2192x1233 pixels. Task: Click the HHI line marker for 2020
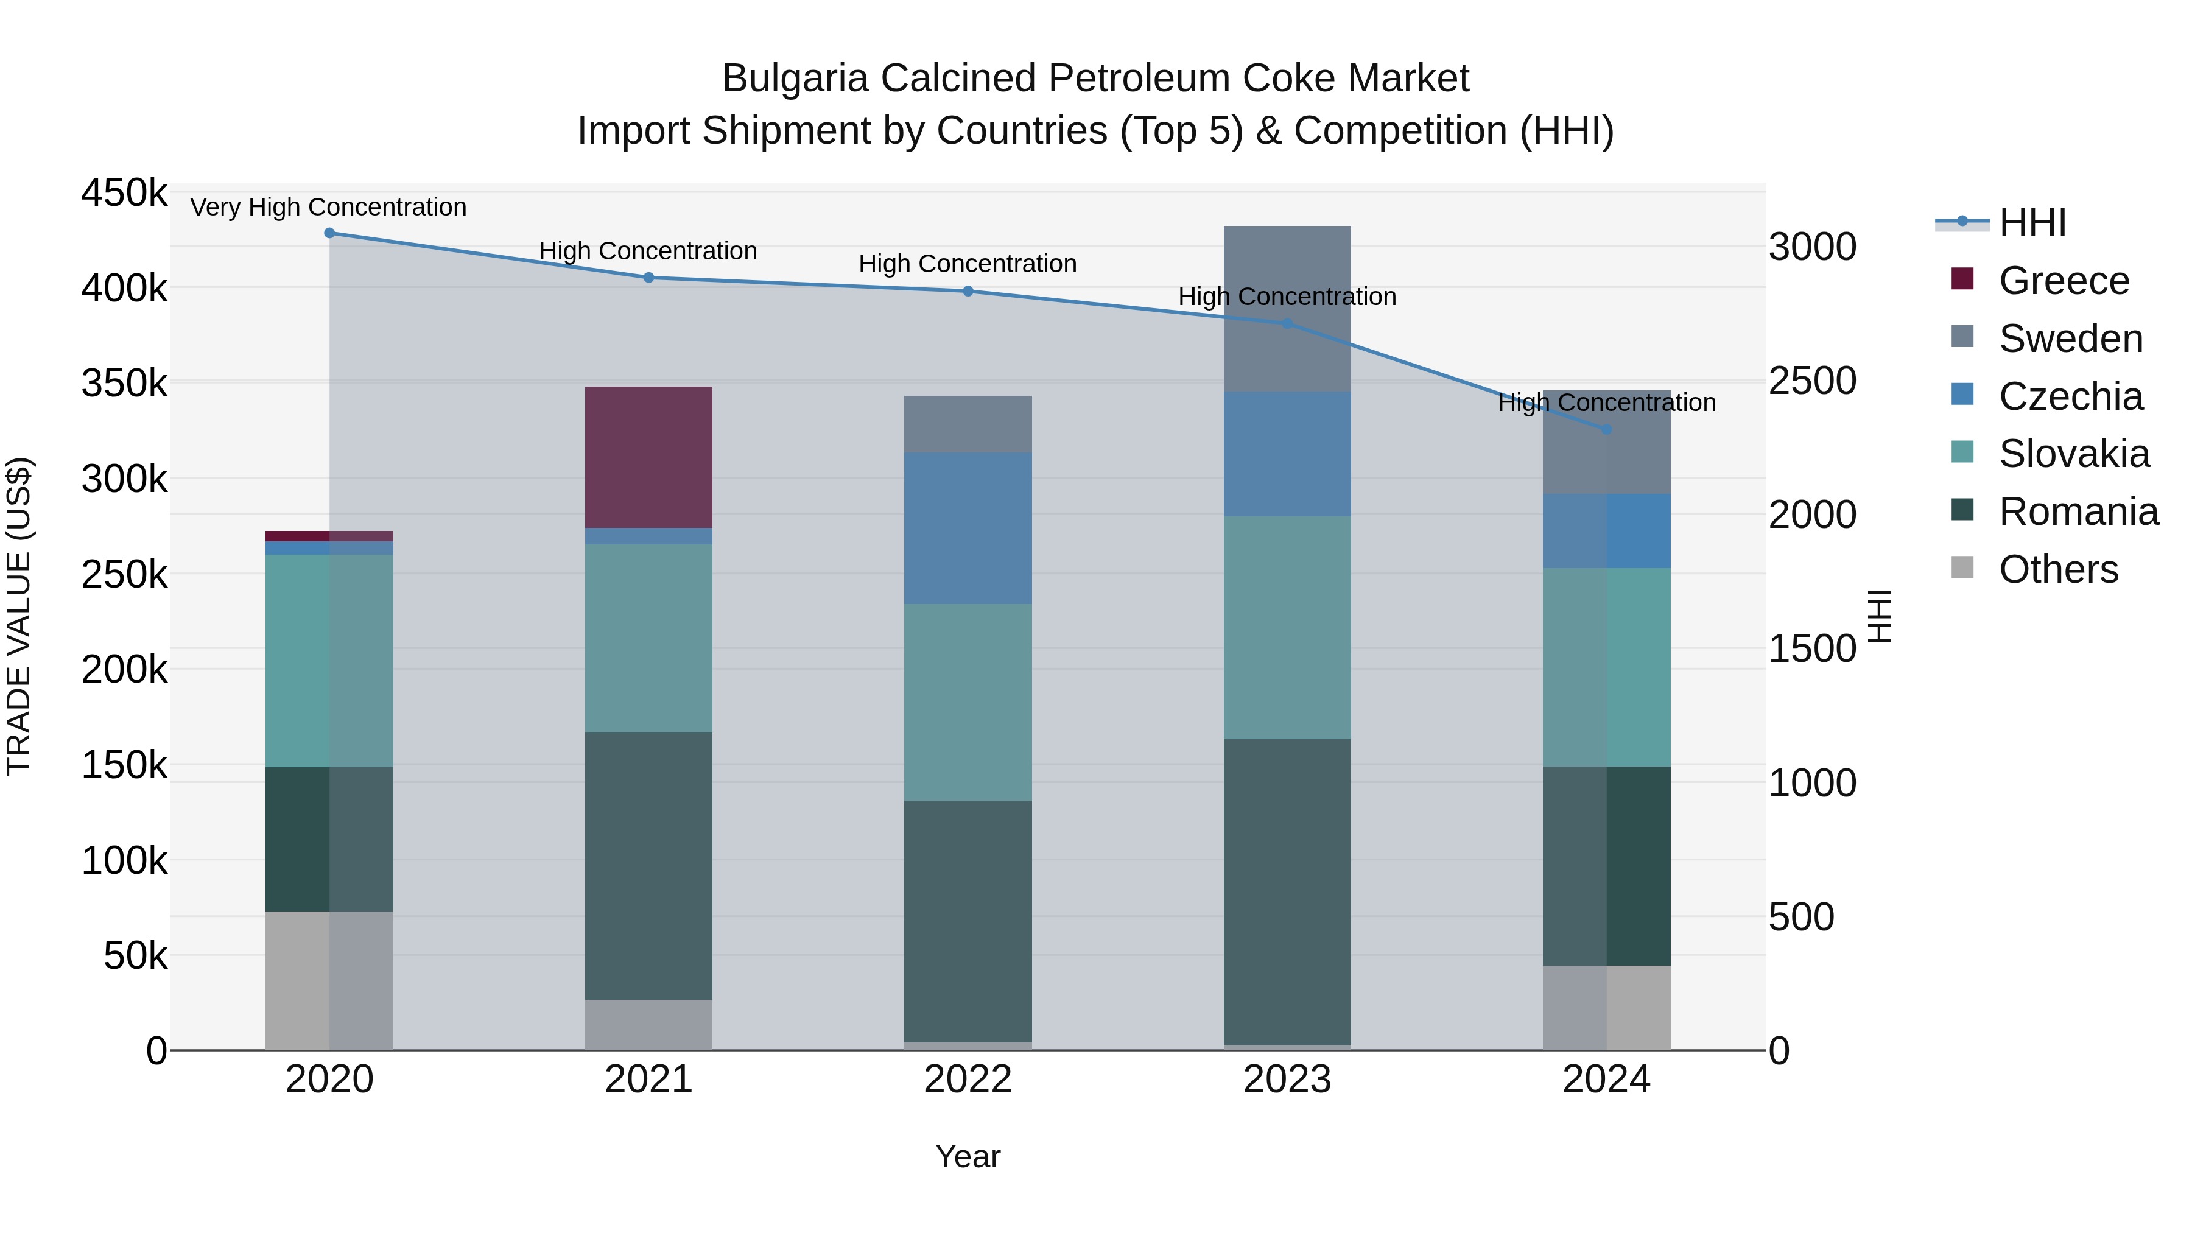pyautogui.click(x=329, y=233)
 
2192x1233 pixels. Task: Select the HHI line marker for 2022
pyautogui.click(x=968, y=291)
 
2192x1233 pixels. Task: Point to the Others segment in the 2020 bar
pyautogui.click(x=329, y=980)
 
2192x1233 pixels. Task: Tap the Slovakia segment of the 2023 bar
pyautogui.click(x=1287, y=627)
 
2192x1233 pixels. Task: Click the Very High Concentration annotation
pyautogui.click(x=328, y=207)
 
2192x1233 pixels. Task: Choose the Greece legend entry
pyautogui.click(x=2064, y=281)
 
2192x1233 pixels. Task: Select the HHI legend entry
pyautogui.click(x=2032, y=223)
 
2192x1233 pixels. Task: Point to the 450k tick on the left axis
pyautogui.click(x=124, y=193)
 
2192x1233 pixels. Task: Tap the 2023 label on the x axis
pyautogui.click(x=1287, y=1080)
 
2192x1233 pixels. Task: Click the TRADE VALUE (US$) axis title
pyautogui.click(x=19, y=616)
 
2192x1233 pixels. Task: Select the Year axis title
pyautogui.click(x=968, y=1156)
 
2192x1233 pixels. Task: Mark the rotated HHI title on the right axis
pyautogui.click(x=1879, y=616)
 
